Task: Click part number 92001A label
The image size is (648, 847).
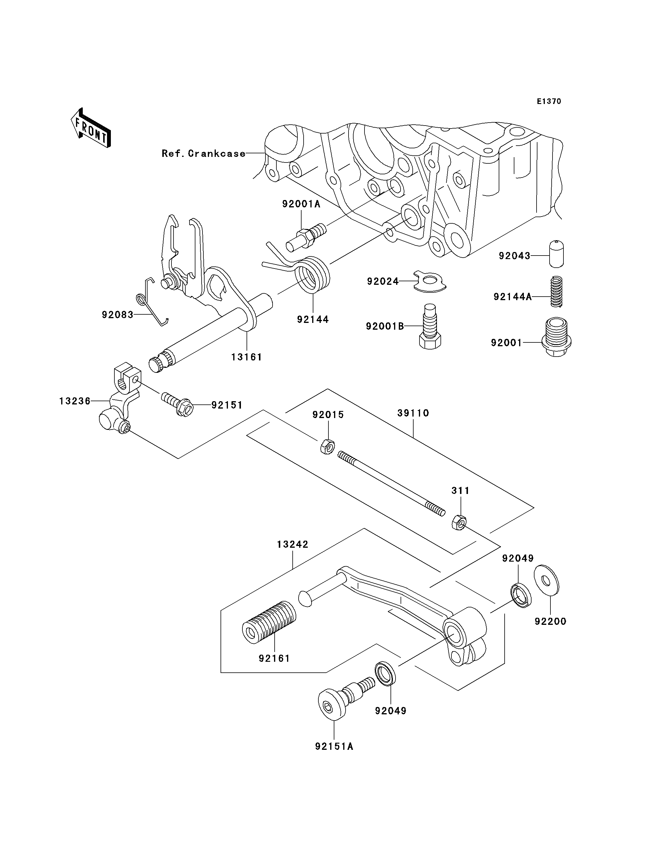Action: pyautogui.click(x=301, y=204)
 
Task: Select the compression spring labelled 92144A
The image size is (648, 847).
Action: pyautogui.click(x=556, y=292)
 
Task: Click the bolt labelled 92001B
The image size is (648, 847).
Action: pyautogui.click(x=430, y=326)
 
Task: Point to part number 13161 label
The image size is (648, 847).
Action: pyautogui.click(x=247, y=357)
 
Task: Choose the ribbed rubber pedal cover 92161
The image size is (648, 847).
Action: pyautogui.click(x=269, y=622)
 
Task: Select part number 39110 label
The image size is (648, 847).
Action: pyautogui.click(x=413, y=413)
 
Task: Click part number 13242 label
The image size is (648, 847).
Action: pyautogui.click(x=293, y=544)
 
